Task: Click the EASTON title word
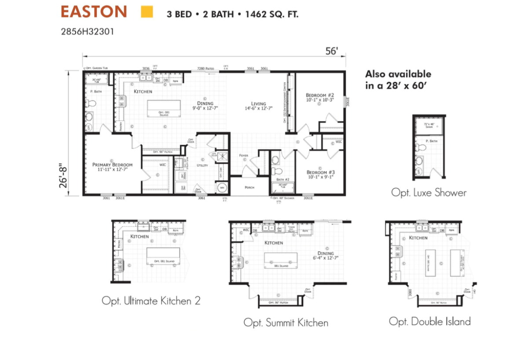coord(93,12)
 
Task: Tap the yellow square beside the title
coord(147,12)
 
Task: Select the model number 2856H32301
coord(88,32)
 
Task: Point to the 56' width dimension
coord(332,51)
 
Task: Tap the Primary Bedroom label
coord(112,165)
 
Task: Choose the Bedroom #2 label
coord(320,96)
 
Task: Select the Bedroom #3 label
coord(321,172)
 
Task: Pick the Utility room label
coord(202,165)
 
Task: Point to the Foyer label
coord(244,155)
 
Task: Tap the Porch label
coord(249,187)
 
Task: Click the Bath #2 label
coord(282,179)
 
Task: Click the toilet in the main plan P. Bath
coord(92,103)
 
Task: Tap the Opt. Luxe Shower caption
coord(429,192)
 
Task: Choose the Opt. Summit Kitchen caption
coord(286,323)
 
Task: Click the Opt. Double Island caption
coord(429,321)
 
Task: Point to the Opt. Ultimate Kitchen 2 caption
coord(151,301)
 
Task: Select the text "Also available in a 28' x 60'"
coord(398,80)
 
